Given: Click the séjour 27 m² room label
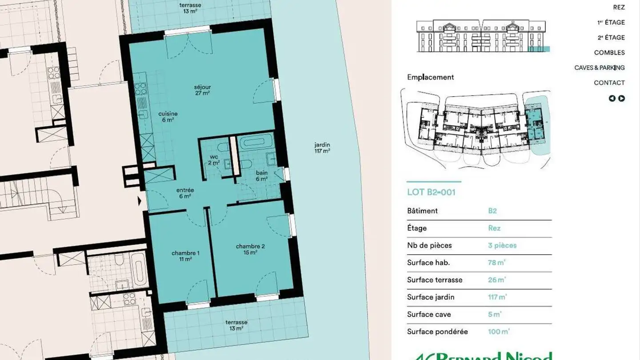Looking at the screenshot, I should [202, 90].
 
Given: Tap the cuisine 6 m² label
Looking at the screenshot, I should [168, 116].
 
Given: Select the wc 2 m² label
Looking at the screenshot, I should [214, 160].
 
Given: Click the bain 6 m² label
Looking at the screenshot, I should [261, 176].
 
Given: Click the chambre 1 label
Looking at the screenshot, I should [185, 256].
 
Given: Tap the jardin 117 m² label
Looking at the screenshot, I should [322, 148].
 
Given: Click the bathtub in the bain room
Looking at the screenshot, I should [256, 142].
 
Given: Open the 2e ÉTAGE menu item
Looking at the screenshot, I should [611, 37].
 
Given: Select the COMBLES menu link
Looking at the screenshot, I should [609, 52].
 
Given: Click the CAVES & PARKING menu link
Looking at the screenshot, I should [600, 68].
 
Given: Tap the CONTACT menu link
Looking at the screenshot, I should [609, 83].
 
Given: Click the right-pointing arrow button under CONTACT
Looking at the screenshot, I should [622, 99].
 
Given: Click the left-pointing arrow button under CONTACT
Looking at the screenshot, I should [612, 99].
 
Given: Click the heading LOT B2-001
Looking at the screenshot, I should [431, 192].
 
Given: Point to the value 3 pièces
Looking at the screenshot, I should [502, 245].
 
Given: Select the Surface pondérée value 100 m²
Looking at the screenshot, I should [499, 332].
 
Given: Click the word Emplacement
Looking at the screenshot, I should [430, 77].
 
